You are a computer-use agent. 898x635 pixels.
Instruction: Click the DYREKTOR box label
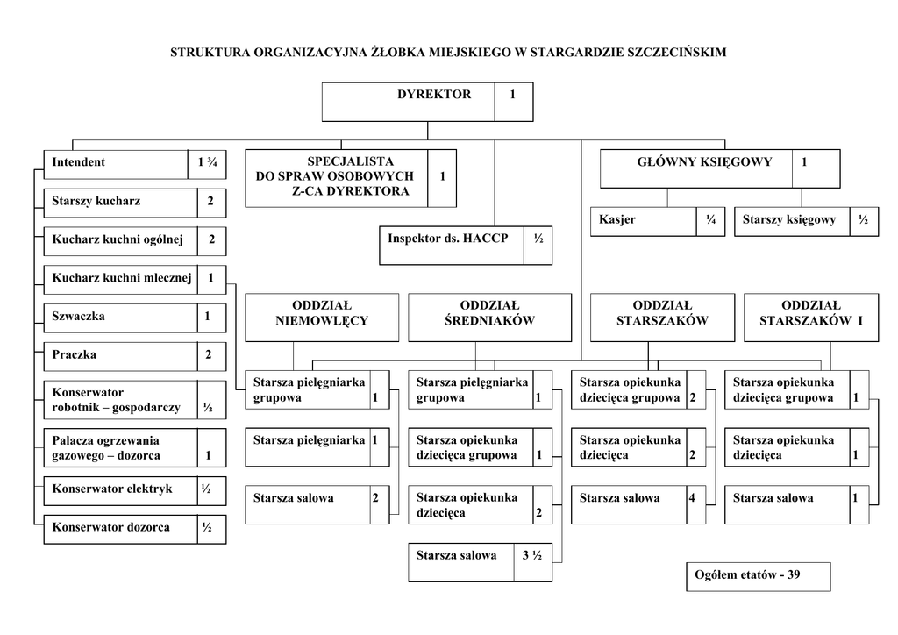[434, 95]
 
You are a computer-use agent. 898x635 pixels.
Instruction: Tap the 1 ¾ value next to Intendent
[207, 163]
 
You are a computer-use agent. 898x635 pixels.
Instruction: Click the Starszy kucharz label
[96, 202]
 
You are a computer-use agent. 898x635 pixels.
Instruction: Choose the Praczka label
[75, 355]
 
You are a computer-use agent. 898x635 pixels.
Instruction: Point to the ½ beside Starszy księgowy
[864, 220]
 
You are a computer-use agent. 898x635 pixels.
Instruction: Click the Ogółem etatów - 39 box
[758, 576]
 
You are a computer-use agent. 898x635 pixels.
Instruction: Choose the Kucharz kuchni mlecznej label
[121, 279]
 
